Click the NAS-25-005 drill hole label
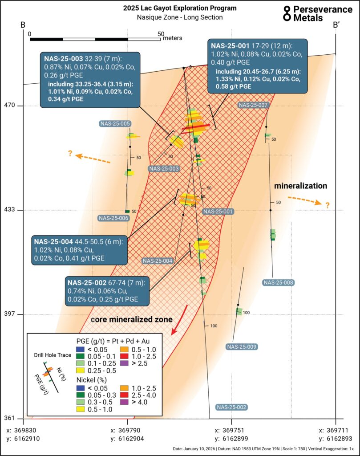115,124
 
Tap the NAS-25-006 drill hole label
113,218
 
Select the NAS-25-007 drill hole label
253,105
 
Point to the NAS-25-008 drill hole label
279,282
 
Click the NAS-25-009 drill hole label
242,346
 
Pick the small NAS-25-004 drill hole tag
158,261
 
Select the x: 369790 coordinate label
127,431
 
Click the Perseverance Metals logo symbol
287,14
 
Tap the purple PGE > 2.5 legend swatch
124,363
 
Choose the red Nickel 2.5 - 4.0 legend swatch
124,395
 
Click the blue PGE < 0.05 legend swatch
80,350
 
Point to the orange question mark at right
328,205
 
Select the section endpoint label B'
336,25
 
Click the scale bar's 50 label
161,34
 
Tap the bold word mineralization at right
301,186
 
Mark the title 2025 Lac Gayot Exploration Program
180,8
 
